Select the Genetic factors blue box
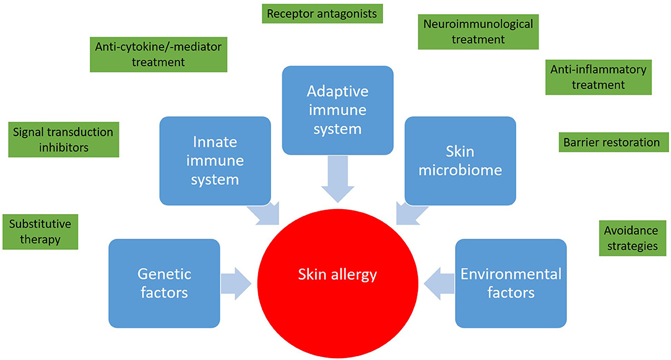pos(164,283)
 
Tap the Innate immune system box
pos(215,161)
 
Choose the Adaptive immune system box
pos(337,109)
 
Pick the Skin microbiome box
pos(460,161)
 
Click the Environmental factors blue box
pos(511,283)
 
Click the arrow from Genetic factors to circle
pos(236,283)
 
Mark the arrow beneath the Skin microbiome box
pos(410,214)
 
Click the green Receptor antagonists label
pos(322,14)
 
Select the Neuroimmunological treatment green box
pos(478,32)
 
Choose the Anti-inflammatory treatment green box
pos(598,77)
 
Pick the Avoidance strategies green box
pos(631,238)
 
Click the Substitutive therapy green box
pos(40,231)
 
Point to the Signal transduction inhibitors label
pos(63,140)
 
